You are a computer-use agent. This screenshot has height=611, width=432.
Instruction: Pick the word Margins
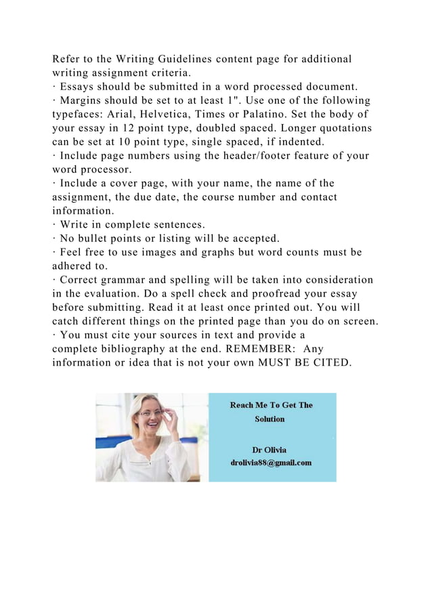click(x=83, y=100)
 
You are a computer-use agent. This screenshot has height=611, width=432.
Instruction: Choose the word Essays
click(x=79, y=87)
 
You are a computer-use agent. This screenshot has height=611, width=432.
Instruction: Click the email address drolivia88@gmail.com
click(x=271, y=463)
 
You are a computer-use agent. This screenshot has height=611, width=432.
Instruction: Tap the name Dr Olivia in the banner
click(x=269, y=449)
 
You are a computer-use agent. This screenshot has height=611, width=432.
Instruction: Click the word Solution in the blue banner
click(x=269, y=419)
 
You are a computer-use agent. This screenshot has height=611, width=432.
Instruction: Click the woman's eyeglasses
click(x=150, y=413)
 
